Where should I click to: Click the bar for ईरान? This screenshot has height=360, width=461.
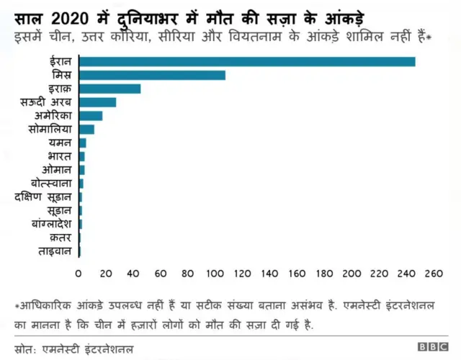click(x=247, y=61)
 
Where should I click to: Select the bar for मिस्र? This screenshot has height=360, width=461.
click(x=152, y=75)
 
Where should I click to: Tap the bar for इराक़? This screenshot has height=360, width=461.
click(x=109, y=89)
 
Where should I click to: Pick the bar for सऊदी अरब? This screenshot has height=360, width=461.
click(x=97, y=102)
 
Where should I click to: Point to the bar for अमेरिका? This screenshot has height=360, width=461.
click(x=91, y=115)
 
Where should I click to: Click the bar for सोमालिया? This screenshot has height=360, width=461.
click(x=86, y=129)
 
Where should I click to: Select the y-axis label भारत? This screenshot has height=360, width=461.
click(x=60, y=156)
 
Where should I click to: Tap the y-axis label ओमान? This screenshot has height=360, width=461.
click(x=58, y=170)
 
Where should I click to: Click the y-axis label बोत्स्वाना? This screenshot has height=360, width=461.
click(x=52, y=184)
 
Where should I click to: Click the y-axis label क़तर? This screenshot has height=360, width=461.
click(x=60, y=238)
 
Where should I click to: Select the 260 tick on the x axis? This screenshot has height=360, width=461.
click(x=434, y=274)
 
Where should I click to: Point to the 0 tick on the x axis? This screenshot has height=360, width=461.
click(x=79, y=274)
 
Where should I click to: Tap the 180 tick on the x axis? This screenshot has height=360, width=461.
click(x=325, y=274)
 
